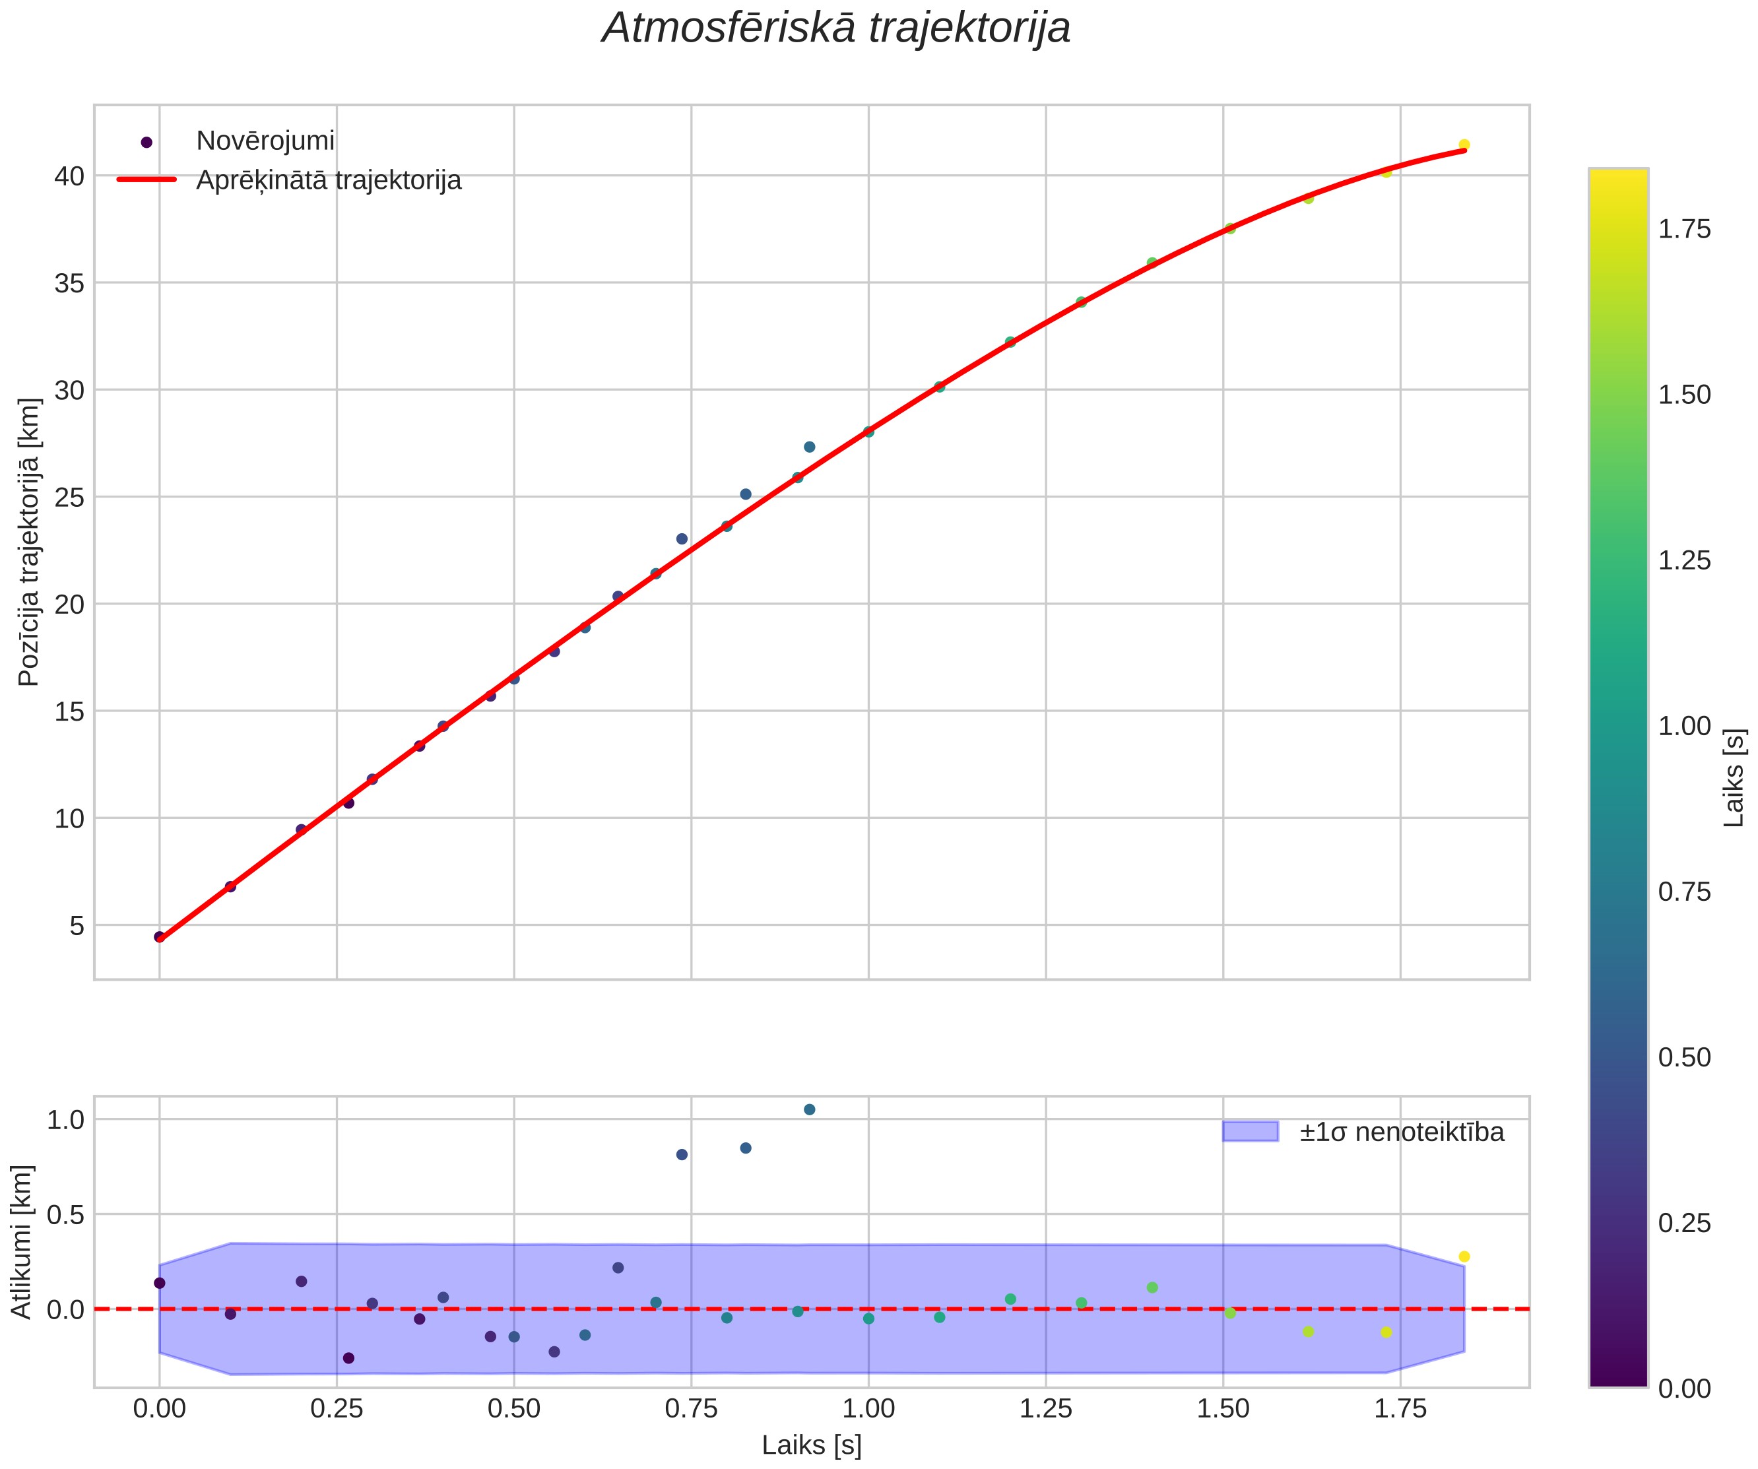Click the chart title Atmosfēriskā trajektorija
coord(836,28)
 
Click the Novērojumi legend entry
coord(265,141)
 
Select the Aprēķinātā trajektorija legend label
coord(329,181)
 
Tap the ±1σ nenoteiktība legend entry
coord(1402,1132)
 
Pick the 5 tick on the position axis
coord(77,926)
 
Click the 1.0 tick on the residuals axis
coord(66,1120)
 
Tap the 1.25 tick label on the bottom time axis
coord(1045,1410)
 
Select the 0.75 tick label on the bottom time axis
coord(692,1410)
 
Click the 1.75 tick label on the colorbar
coord(1685,230)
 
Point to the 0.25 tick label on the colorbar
coord(1685,1224)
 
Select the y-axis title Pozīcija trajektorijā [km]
coord(28,542)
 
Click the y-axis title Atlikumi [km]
coord(21,1241)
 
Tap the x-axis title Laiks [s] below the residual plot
coord(811,1445)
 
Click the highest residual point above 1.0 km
coord(810,1110)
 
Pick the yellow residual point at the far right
coord(1464,1257)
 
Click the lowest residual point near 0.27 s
coord(349,1357)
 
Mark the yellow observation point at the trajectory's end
coord(1464,145)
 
